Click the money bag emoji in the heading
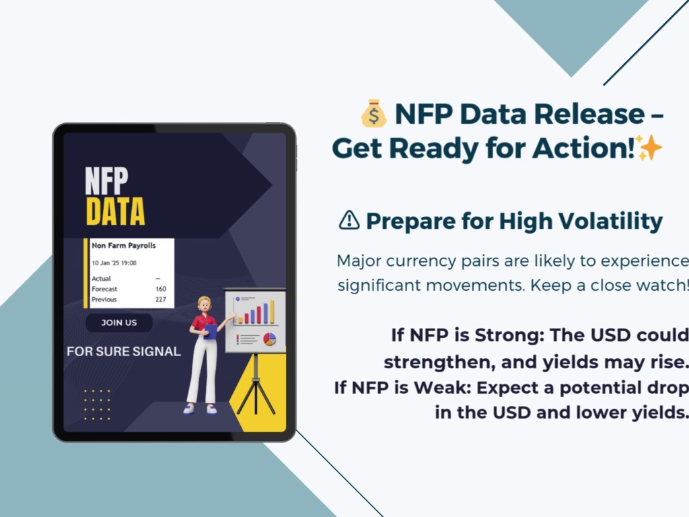coord(373,113)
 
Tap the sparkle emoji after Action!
coord(649,147)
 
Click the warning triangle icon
coord(349,220)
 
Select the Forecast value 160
coord(161,289)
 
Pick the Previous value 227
coord(161,300)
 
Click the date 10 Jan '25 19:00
coord(114,263)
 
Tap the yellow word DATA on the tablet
coord(115,211)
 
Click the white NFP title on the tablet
coord(107,180)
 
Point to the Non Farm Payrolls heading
coord(124,245)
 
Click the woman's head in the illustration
coord(205,304)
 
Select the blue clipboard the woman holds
coord(211,331)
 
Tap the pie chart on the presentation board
coord(269,339)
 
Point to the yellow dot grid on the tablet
coord(97,405)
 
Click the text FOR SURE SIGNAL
coord(124,351)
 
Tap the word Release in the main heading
coord(589,114)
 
